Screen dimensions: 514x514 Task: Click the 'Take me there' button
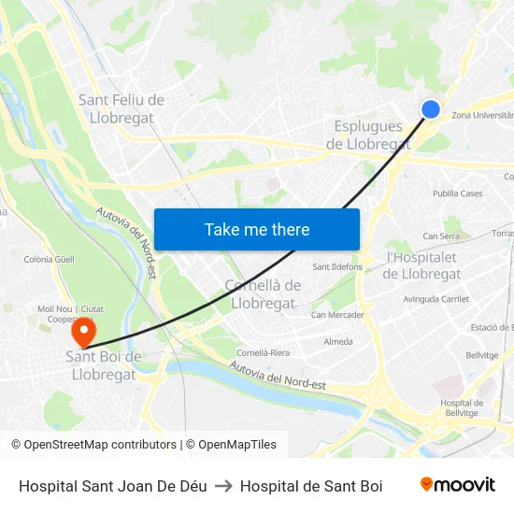point(257,230)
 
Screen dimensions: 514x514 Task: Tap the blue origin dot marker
point(431,109)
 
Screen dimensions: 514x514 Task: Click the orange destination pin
point(84,332)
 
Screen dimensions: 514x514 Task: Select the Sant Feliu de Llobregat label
point(121,109)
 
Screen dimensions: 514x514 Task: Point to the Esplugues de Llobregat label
point(368,136)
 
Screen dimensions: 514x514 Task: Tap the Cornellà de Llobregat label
point(263,294)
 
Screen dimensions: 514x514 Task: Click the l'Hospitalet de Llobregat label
point(421,265)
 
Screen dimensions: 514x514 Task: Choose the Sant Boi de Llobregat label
point(104,365)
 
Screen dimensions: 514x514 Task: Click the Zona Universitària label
point(482,115)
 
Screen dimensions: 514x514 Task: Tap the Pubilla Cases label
point(457,193)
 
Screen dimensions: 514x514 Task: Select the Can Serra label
point(441,236)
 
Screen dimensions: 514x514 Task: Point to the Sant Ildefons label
point(337,266)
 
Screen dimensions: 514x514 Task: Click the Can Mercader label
point(337,315)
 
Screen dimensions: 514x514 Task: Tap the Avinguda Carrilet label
point(435,299)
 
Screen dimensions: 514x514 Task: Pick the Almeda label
point(337,342)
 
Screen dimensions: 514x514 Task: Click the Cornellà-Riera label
point(263,353)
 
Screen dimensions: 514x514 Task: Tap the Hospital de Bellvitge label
point(462,407)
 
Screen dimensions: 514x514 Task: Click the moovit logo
point(457,485)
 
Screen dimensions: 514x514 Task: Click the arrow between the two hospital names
point(223,486)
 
